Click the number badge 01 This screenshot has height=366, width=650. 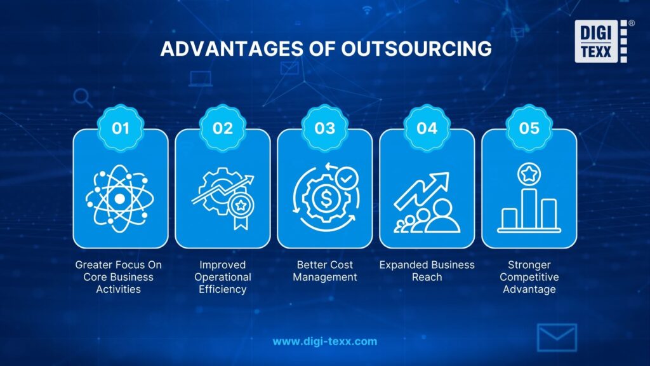[x=121, y=128]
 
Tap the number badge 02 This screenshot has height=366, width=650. [x=223, y=128]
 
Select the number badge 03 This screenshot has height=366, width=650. [x=325, y=128]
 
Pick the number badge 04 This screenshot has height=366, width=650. [x=427, y=128]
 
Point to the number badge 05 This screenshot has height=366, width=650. [x=529, y=128]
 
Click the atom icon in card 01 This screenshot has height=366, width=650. [x=120, y=198]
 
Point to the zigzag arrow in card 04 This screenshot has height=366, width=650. [x=421, y=190]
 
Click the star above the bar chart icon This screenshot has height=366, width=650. [x=529, y=173]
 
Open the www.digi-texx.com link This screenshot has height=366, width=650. [x=324, y=341]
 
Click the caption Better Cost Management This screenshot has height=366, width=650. [x=325, y=271]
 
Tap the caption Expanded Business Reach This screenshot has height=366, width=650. [x=427, y=271]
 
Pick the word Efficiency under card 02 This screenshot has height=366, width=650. [x=223, y=289]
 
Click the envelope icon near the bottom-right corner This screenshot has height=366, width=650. [x=557, y=337]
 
